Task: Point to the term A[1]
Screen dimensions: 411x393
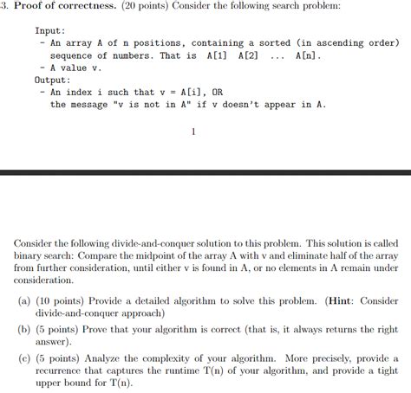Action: [x=218, y=55]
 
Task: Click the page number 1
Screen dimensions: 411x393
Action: [x=192, y=132]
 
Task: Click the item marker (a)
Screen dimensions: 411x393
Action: [x=25, y=302]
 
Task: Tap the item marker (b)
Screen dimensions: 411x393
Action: [x=25, y=330]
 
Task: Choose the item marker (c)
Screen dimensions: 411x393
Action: [x=25, y=358]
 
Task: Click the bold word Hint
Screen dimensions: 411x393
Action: [x=340, y=302]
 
